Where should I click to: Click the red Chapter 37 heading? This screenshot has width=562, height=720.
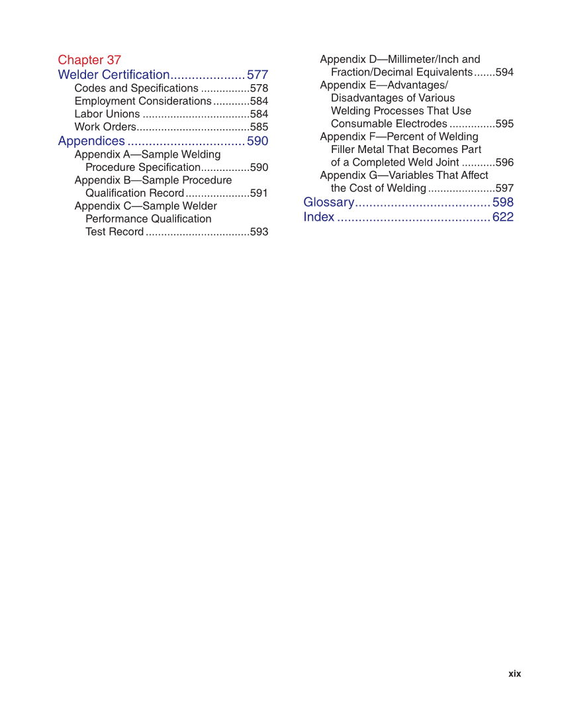[x=89, y=60]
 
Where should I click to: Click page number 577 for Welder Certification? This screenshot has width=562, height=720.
[x=258, y=75]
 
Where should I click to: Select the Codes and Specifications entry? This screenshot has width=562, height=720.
[x=136, y=88]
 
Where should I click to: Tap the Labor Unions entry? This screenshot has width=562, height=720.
[x=107, y=114]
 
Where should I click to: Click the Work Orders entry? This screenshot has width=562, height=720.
[x=105, y=127]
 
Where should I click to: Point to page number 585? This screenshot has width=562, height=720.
[x=259, y=127]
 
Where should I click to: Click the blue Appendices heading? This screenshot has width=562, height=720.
[x=91, y=141]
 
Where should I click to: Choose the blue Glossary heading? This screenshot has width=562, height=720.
[x=329, y=202]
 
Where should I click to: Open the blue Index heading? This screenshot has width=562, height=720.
[x=318, y=217]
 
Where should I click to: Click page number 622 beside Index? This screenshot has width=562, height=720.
[x=503, y=217]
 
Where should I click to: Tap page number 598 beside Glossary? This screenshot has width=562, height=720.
[x=503, y=202]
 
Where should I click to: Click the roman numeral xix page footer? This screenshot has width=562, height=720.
[x=514, y=674]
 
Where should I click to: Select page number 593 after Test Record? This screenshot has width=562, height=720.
[x=259, y=232]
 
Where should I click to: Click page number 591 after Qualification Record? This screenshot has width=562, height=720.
[x=259, y=193]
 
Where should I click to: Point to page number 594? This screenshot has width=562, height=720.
[x=504, y=72]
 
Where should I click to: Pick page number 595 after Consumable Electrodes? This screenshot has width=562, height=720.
[x=504, y=124]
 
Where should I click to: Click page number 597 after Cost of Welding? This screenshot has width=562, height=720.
[x=504, y=188]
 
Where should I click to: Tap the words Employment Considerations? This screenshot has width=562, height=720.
[x=142, y=101]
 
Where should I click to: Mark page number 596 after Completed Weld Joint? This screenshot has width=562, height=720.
[x=504, y=162]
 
